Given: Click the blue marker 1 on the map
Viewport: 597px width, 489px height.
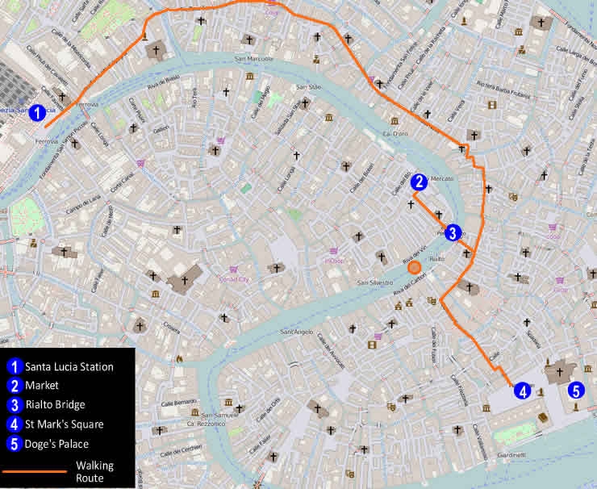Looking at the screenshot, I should (36, 114).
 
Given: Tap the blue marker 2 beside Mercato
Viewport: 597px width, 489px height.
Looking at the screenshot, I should (418, 183).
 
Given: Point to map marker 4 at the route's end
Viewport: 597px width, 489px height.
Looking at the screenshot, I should (523, 391).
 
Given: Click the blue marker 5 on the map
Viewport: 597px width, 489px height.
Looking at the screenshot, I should (575, 391).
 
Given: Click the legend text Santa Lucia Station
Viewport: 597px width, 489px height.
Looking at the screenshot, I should (69, 366).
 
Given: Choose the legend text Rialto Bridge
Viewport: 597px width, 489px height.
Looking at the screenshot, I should (54, 404).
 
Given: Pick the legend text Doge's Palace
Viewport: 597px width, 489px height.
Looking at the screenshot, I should (56, 443).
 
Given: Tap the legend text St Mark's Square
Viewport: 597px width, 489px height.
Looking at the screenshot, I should (64, 424).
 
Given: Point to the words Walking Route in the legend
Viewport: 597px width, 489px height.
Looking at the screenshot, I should (94, 471).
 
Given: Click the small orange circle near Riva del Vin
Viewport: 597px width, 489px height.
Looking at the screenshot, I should (414, 267).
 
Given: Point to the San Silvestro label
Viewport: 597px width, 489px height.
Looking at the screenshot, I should (375, 283).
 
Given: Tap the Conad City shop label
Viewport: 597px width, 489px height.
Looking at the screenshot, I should (235, 279).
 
